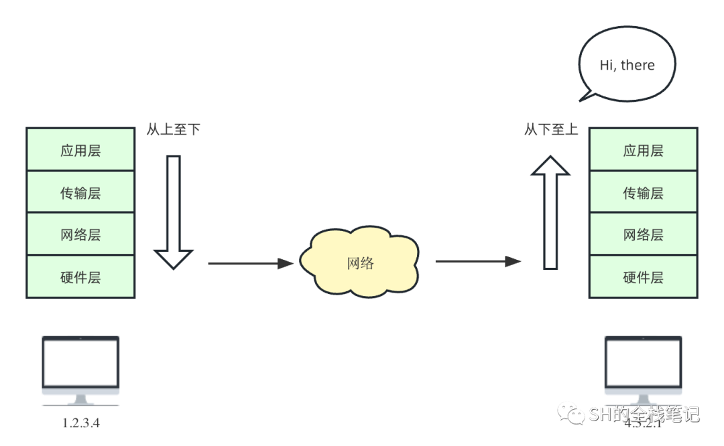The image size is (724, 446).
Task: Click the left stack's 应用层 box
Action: pyautogui.click(x=80, y=149)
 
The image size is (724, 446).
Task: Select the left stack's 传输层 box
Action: pyautogui.click(x=80, y=192)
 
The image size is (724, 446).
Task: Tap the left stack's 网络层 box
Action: pyautogui.click(x=80, y=234)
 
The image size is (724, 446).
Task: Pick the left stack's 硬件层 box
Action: pyautogui.click(x=80, y=277)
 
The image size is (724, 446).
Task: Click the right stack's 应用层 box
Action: pyautogui.click(x=643, y=149)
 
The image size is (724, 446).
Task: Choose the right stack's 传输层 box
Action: pyautogui.click(x=643, y=192)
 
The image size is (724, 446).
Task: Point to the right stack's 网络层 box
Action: pyautogui.click(x=643, y=234)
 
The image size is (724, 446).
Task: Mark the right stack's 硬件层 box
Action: pyautogui.click(x=643, y=277)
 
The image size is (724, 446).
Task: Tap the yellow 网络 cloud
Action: pyautogui.click(x=360, y=263)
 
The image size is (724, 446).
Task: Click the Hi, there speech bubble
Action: pyautogui.click(x=627, y=65)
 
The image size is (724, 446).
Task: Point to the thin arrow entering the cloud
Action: pyautogui.click(x=251, y=263)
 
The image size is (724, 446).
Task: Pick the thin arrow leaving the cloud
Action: pyautogui.click(x=478, y=261)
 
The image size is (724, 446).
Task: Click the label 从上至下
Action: pyautogui.click(x=173, y=130)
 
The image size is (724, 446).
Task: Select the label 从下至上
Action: pyautogui.click(x=550, y=130)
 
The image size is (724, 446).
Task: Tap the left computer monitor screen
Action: pyautogui.click(x=80, y=362)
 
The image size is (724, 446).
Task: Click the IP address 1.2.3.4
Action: pyautogui.click(x=80, y=423)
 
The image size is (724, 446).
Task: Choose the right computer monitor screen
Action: pyautogui.click(x=643, y=362)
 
